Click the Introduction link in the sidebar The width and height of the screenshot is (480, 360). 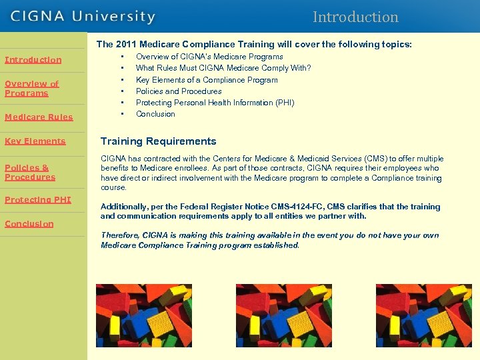33,60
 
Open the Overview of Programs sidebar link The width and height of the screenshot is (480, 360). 31,89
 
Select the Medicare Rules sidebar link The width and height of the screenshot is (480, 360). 39,117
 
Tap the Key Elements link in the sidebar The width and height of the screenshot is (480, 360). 35,141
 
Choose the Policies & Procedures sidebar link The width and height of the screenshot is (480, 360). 30,172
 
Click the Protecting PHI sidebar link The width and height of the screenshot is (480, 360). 37,200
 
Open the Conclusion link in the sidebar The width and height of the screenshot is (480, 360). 29,224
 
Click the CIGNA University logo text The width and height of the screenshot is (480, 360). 83,16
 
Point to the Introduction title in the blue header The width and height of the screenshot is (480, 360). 355,17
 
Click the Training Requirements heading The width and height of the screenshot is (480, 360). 158,141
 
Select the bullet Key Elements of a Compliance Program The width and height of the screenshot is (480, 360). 207,80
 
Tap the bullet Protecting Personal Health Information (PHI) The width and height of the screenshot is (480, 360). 215,103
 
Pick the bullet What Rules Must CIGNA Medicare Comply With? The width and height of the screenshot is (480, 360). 223,68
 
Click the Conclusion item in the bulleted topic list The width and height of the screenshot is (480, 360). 155,114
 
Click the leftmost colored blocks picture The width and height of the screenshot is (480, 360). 144,315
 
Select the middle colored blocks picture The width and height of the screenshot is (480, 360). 284,315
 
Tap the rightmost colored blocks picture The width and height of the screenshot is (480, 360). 424,315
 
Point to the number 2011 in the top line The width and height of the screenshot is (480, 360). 126,45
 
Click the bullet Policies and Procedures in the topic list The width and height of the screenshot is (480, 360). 179,91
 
